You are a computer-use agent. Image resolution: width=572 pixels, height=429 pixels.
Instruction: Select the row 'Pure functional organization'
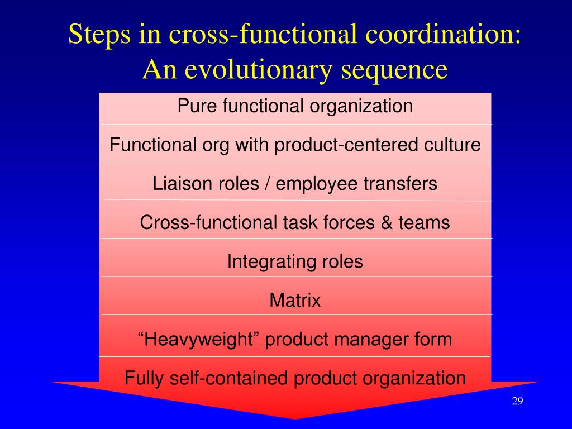(295, 106)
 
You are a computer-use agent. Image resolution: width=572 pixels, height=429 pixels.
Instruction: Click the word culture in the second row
(453, 145)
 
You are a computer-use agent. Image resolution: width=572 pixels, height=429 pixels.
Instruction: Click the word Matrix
(295, 301)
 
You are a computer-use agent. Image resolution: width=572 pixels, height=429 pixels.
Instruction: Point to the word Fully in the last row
(143, 378)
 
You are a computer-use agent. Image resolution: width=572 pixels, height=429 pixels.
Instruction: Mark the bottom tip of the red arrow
(295, 418)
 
